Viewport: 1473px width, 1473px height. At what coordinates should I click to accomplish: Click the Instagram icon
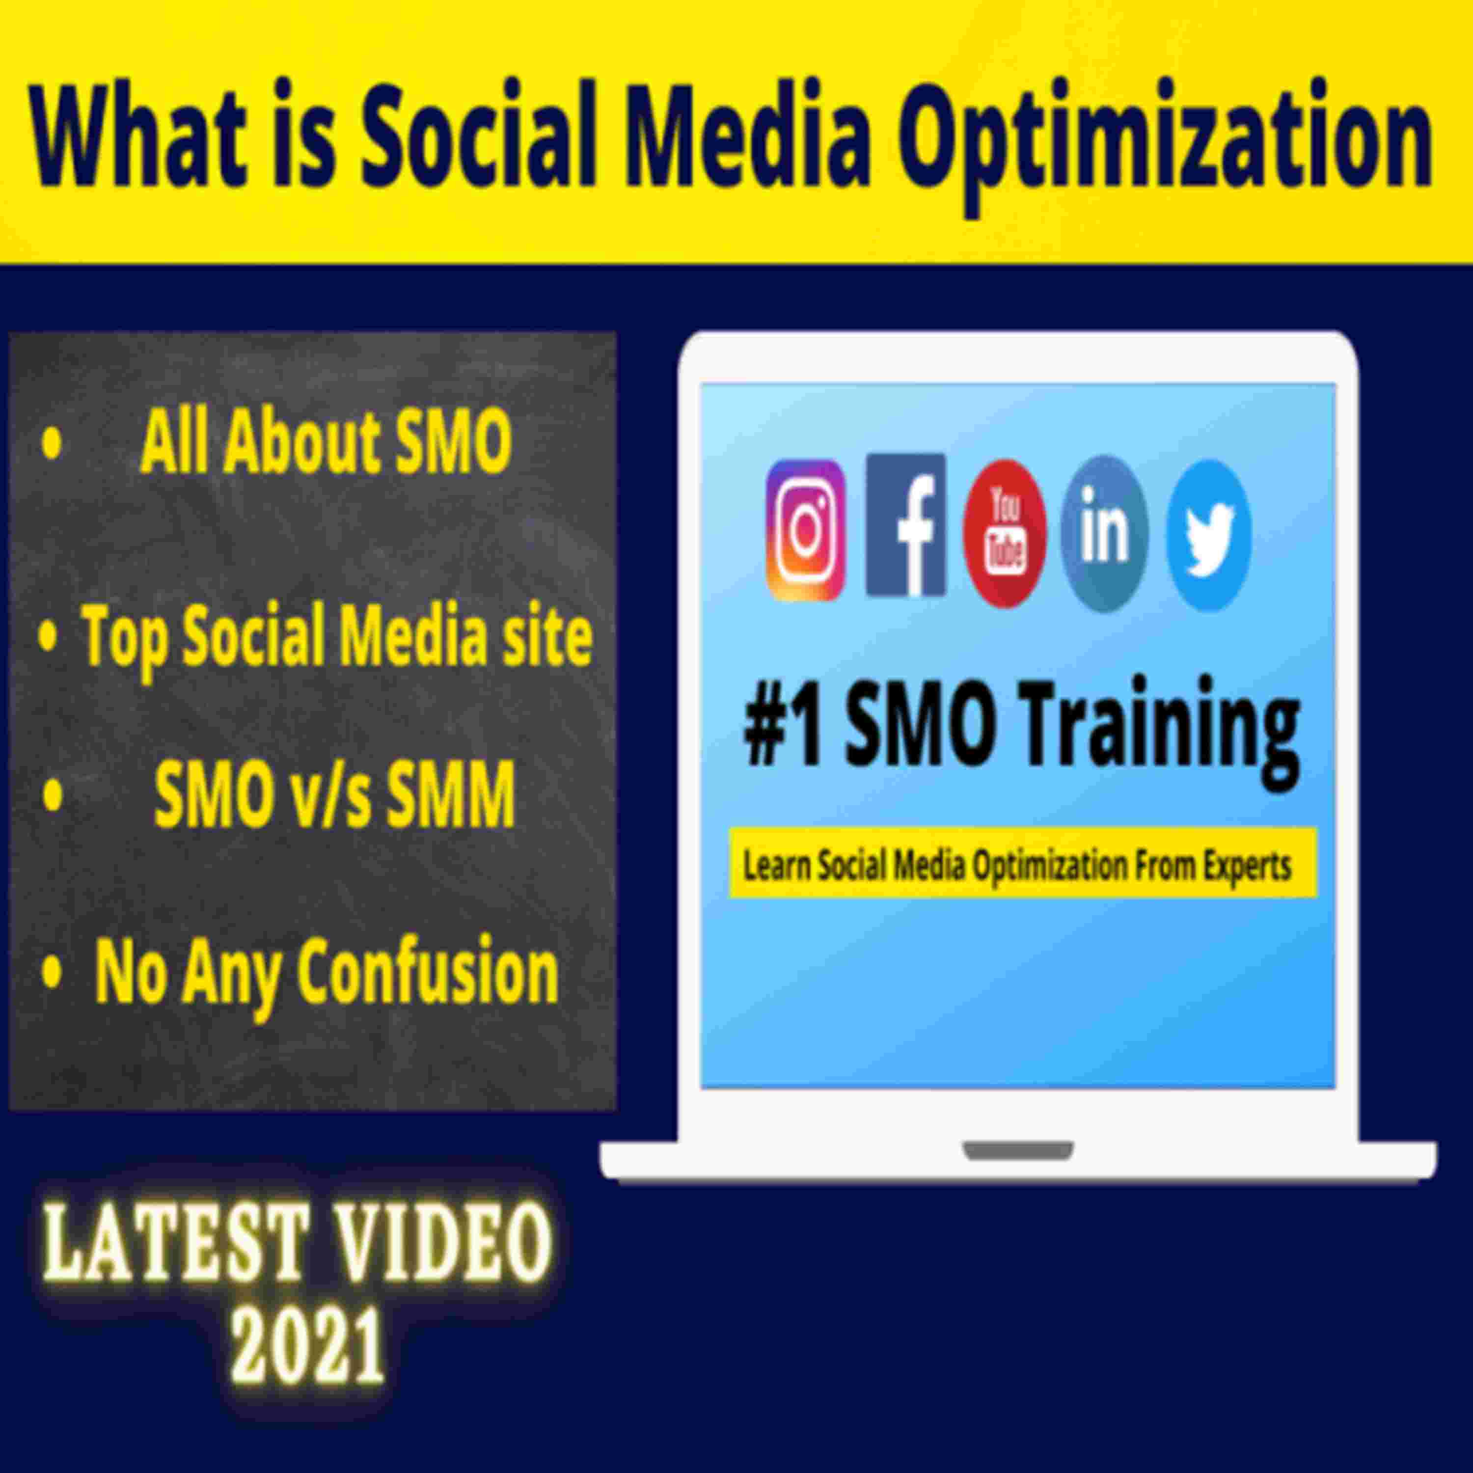[806, 531]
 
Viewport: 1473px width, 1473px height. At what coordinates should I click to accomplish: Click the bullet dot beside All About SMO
[51, 443]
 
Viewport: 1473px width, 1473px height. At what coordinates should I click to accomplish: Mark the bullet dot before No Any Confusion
[51, 973]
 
